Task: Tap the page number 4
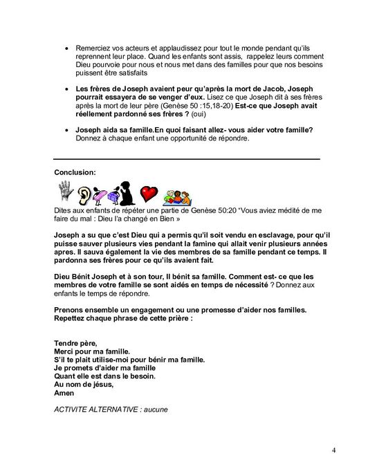click(333, 452)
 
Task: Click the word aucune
click(152, 408)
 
